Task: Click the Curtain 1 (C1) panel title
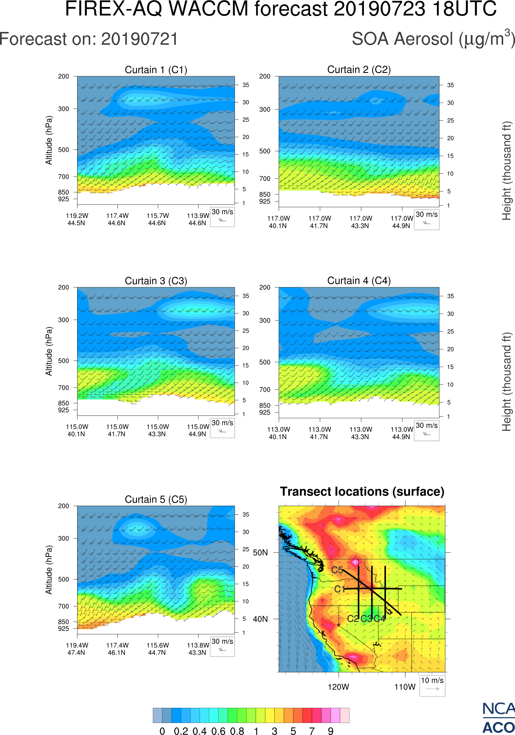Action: (x=156, y=70)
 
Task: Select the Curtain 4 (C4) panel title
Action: (x=359, y=281)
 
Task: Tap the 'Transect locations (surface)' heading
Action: (x=362, y=491)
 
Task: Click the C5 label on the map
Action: (x=337, y=570)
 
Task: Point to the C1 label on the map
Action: (x=339, y=589)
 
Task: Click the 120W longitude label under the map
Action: (x=338, y=687)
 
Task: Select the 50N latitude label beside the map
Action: (x=260, y=553)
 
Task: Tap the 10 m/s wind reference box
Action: (x=432, y=685)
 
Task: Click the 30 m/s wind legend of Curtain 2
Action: (x=426, y=219)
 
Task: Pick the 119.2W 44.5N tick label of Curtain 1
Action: (x=77, y=219)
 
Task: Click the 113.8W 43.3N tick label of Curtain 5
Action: (x=198, y=649)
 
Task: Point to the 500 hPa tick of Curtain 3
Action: (x=63, y=361)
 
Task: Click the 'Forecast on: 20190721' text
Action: (x=89, y=39)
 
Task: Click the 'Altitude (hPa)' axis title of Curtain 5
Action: (x=49, y=570)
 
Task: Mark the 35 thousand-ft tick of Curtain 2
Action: (x=450, y=85)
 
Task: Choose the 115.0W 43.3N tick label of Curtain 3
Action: (x=157, y=430)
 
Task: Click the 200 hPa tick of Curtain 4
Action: (x=265, y=288)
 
